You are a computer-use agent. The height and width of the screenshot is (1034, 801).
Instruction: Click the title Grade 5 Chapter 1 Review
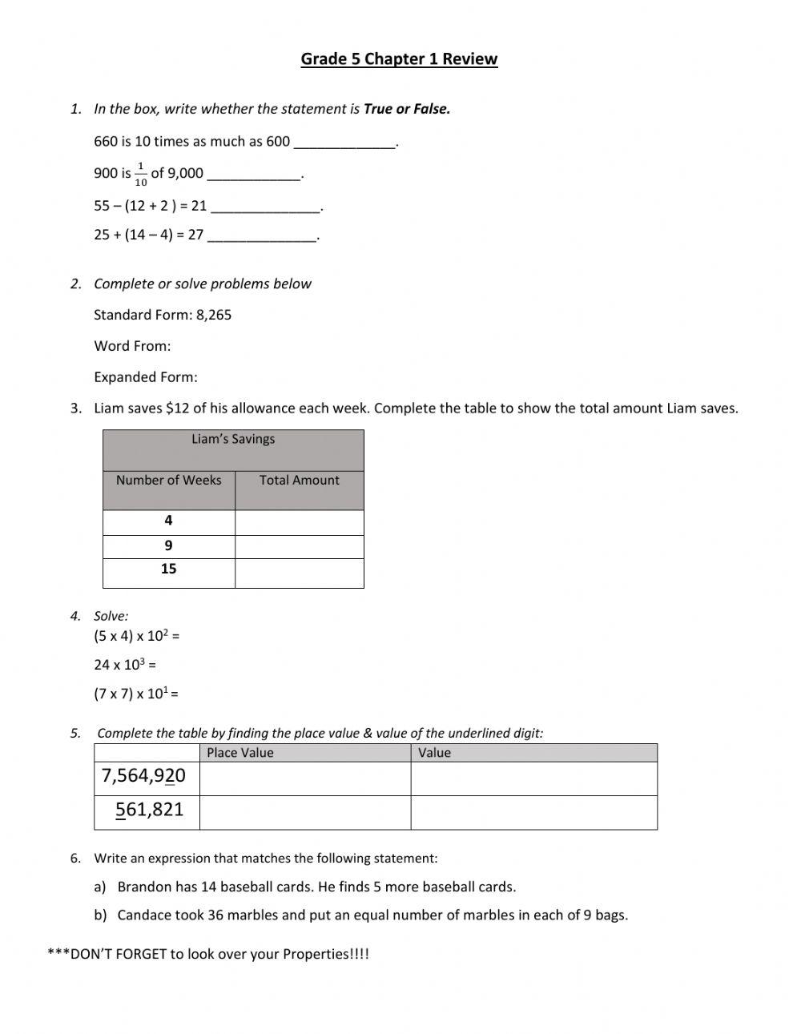[x=399, y=58]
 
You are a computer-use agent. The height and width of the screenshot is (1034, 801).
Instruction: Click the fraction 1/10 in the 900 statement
[x=141, y=174]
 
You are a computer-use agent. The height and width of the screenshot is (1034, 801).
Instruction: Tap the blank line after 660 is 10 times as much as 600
[x=344, y=143]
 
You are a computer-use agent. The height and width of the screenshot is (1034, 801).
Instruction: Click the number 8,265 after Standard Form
[x=214, y=315]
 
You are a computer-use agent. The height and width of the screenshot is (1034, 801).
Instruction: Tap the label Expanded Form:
[x=146, y=377]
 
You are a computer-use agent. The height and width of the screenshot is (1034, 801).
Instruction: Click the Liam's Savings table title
[x=233, y=439]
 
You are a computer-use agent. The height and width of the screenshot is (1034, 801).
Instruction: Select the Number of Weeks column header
[x=168, y=480]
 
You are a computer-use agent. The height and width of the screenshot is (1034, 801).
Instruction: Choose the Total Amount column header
[x=299, y=480]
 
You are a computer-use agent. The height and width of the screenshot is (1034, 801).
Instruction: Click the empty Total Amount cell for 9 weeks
[x=299, y=546]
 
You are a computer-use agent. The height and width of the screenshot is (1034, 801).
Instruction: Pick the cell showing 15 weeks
[x=168, y=569]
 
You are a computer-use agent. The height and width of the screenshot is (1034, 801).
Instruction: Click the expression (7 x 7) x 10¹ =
[x=136, y=694]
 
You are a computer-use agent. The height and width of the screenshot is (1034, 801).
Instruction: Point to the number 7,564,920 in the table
[x=144, y=776]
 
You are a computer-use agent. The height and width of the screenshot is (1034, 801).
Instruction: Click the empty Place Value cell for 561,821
[x=304, y=811]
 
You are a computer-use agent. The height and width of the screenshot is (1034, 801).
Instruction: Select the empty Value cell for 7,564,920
[x=533, y=778]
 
